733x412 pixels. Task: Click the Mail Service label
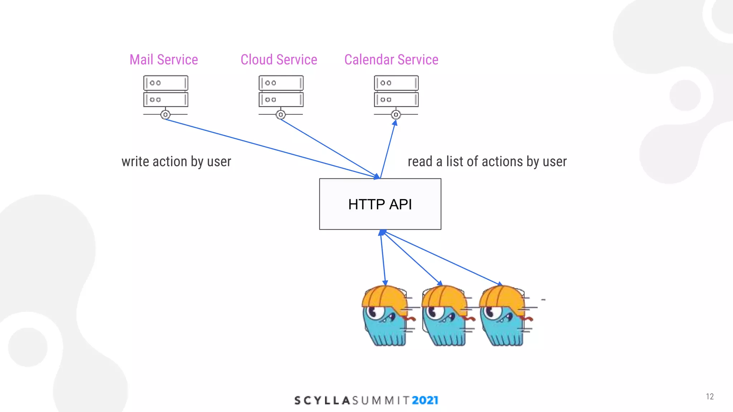coord(164,60)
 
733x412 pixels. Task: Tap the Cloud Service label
coord(279,60)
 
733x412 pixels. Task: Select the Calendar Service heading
coord(391,60)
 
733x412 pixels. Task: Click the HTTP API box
coord(380,204)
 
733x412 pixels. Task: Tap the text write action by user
coord(176,162)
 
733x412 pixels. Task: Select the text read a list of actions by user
coord(487,162)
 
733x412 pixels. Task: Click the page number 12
coord(710,396)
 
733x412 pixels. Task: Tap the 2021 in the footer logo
coord(425,400)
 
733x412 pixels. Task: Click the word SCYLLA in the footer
coord(322,400)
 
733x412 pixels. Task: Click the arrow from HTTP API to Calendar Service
coord(388,148)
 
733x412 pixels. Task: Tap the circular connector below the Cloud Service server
coord(281,115)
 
